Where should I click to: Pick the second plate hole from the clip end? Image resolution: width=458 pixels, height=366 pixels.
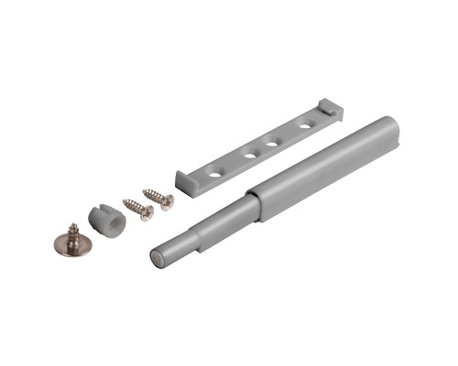[273, 140]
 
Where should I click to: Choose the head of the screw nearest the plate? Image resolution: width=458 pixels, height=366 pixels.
[168, 202]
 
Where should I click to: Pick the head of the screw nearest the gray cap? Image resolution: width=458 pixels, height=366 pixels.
[146, 215]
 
